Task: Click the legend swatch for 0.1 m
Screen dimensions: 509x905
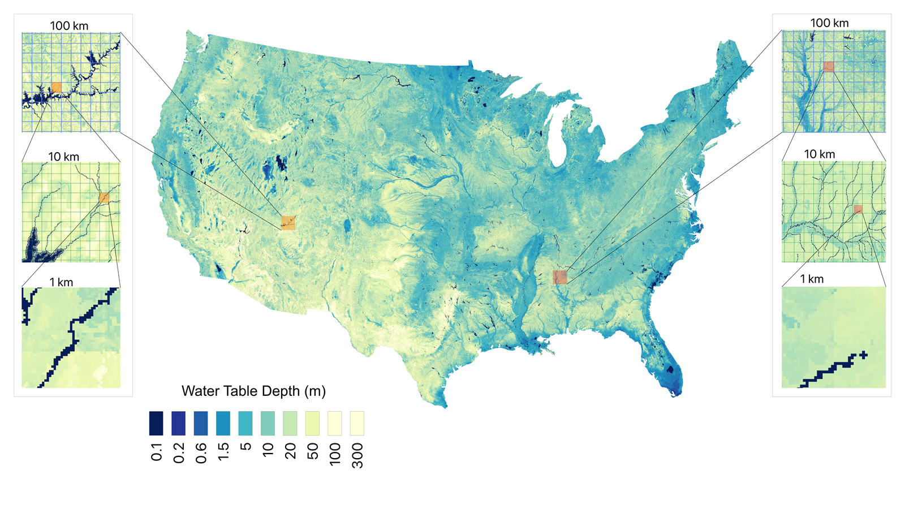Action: click(156, 423)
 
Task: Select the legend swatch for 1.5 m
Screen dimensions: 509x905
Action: click(223, 423)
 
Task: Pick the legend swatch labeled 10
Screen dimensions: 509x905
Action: click(268, 423)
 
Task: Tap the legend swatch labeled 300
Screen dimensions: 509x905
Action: click(356, 423)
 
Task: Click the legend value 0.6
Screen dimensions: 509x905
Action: click(201, 453)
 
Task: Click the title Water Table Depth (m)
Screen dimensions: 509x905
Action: click(253, 391)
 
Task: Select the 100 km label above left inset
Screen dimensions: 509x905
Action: click(69, 25)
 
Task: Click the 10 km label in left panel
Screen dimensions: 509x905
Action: click(63, 157)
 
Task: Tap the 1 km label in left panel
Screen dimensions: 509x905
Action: click(61, 282)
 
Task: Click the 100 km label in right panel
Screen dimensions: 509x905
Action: click(829, 23)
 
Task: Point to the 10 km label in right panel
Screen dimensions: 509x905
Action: click(820, 154)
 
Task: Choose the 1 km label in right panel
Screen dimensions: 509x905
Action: click(812, 279)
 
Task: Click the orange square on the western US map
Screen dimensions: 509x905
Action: click(288, 222)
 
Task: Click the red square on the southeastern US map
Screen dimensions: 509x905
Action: click(559, 277)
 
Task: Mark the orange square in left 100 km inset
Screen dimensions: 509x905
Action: click(56, 87)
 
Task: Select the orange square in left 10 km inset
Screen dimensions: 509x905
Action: click(104, 197)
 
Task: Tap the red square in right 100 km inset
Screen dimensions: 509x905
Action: click(829, 67)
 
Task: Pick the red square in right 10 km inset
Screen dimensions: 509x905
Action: click(858, 209)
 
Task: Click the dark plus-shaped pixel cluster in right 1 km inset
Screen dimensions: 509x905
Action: click(863, 355)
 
